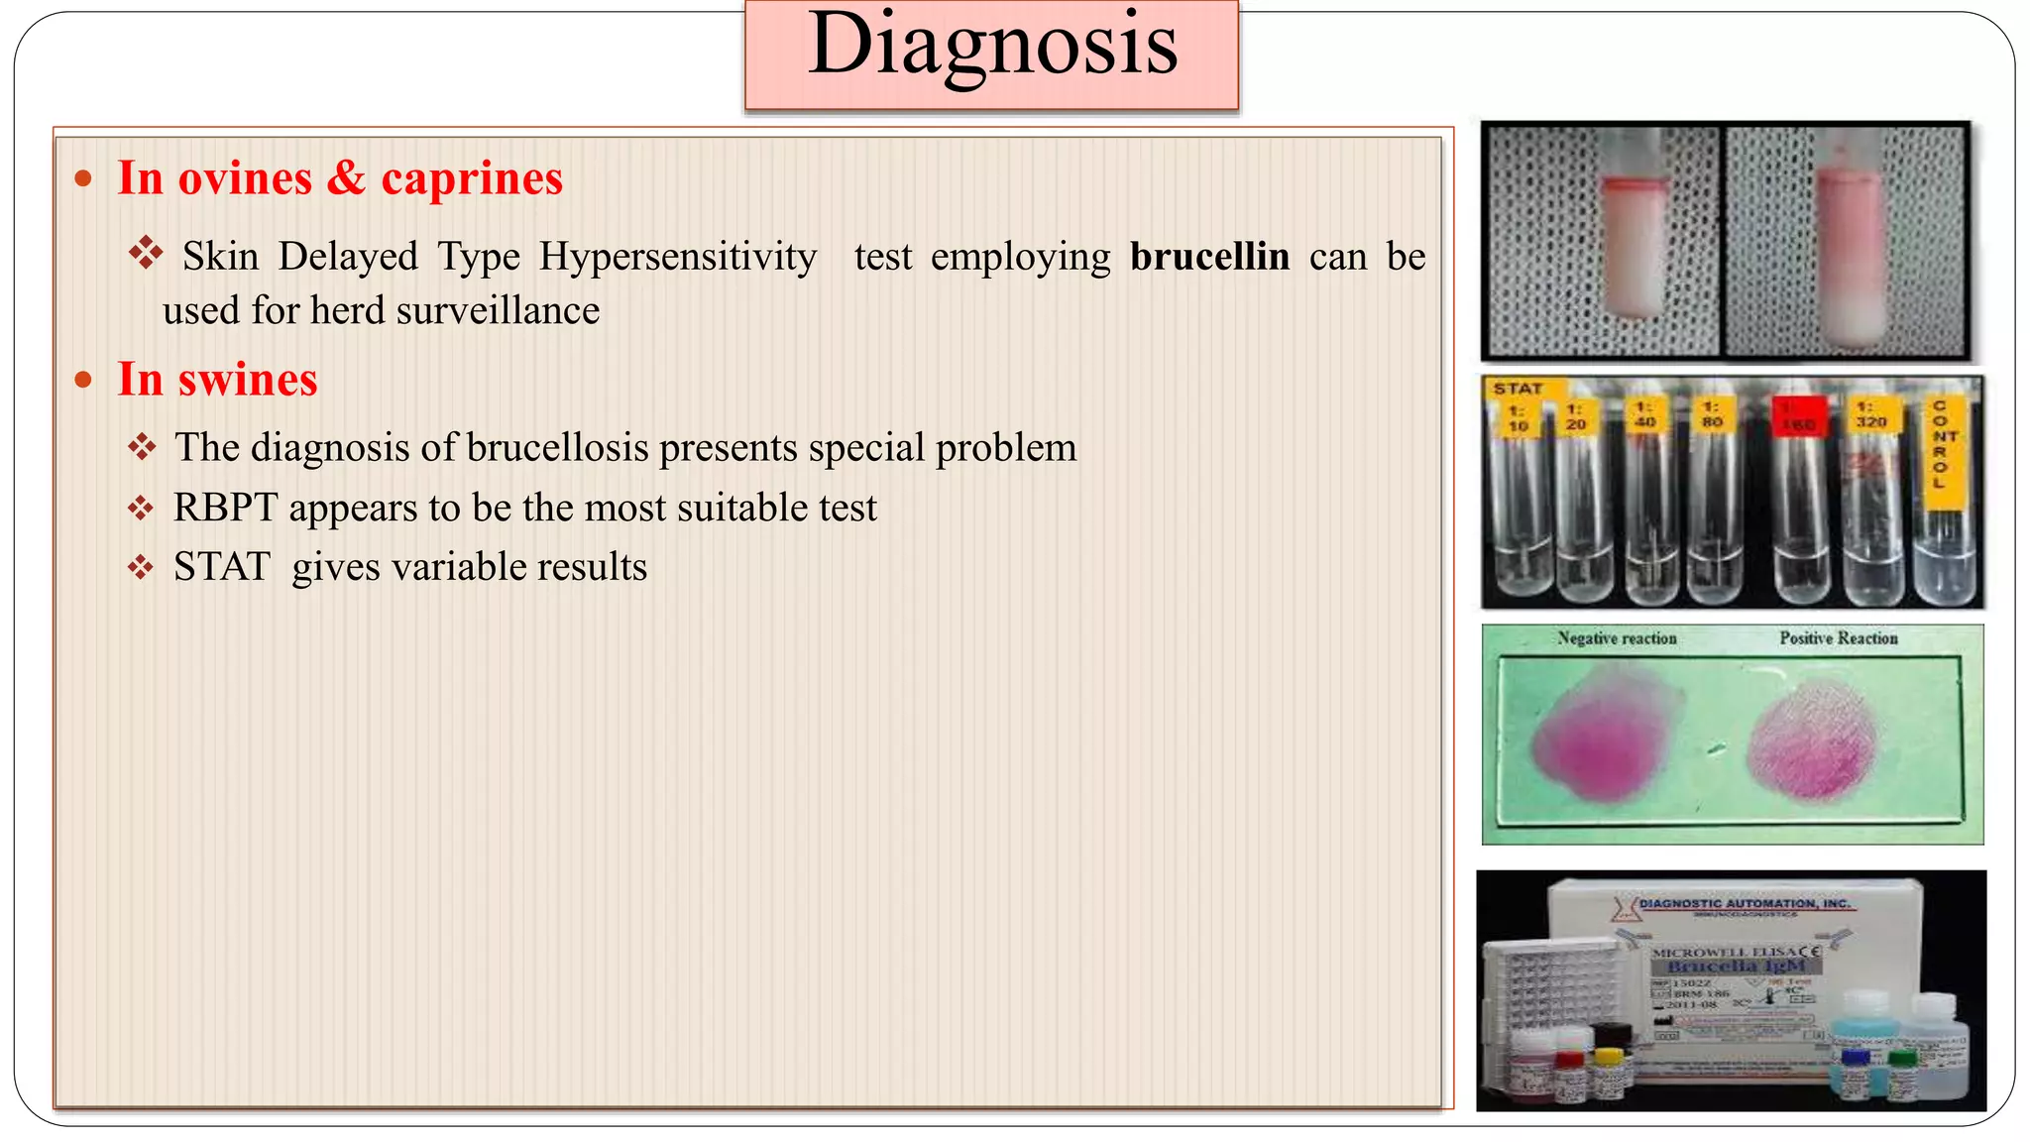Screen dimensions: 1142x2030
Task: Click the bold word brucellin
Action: coord(1209,257)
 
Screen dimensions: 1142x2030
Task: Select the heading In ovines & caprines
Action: coord(340,179)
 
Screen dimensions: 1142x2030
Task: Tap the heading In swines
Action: coord(217,380)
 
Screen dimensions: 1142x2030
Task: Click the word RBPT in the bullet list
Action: coord(225,508)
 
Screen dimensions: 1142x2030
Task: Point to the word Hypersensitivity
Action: coord(678,257)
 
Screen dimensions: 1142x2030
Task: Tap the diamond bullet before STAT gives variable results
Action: coord(141,568)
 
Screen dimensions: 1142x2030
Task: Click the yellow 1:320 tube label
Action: coord(1870,414)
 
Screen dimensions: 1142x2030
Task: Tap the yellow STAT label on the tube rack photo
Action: coord(1518,389)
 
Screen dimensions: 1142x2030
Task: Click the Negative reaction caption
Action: coord(1617,638)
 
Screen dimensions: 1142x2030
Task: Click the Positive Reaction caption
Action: coord(1838,638)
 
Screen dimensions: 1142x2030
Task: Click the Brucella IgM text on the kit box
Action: coord(1736,966)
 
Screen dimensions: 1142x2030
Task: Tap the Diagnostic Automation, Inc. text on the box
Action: coord(1744,904)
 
